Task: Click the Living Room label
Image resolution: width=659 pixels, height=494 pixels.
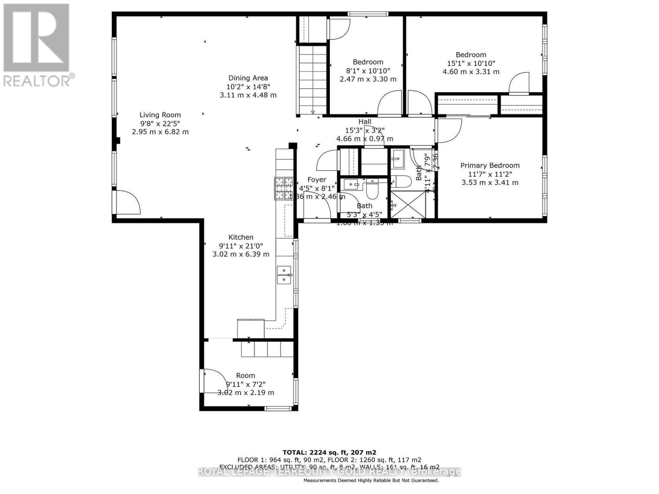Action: [x=160, y=115]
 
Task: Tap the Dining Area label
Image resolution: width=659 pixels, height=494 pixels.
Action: [x=248, y=78]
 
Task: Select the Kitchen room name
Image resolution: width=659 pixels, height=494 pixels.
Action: [x=241, y=237]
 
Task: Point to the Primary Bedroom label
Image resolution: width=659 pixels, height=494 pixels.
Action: [x=490, y=165]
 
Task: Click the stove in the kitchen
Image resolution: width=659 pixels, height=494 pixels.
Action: [x=284, y=188]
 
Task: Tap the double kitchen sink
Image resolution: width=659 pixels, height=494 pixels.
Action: [x=284, y=275]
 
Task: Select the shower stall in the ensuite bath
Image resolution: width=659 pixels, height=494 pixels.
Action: [x=408, y=204]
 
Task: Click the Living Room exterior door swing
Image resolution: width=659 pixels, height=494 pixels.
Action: [x=127, y=203]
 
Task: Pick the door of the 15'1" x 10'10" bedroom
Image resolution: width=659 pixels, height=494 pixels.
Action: [x=519, y=84]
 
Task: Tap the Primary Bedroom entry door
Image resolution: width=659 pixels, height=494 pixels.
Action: [x=448, y=130]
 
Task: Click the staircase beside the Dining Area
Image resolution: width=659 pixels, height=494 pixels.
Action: [x=313, y=80]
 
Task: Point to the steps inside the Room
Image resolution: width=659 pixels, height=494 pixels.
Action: [x=267, y=349]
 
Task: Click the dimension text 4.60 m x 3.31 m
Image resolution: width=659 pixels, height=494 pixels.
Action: [x=471, y=72]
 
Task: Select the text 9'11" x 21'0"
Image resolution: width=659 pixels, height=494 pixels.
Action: [x=241, y=246]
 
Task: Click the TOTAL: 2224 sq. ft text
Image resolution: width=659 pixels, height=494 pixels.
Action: [x=329, y=452]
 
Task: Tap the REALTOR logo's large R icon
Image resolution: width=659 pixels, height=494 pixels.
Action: [x=36, y=37]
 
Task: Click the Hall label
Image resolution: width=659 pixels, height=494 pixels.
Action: [x=365, y=121]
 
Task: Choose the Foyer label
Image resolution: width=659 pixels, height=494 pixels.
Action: [x=317, y=179]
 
